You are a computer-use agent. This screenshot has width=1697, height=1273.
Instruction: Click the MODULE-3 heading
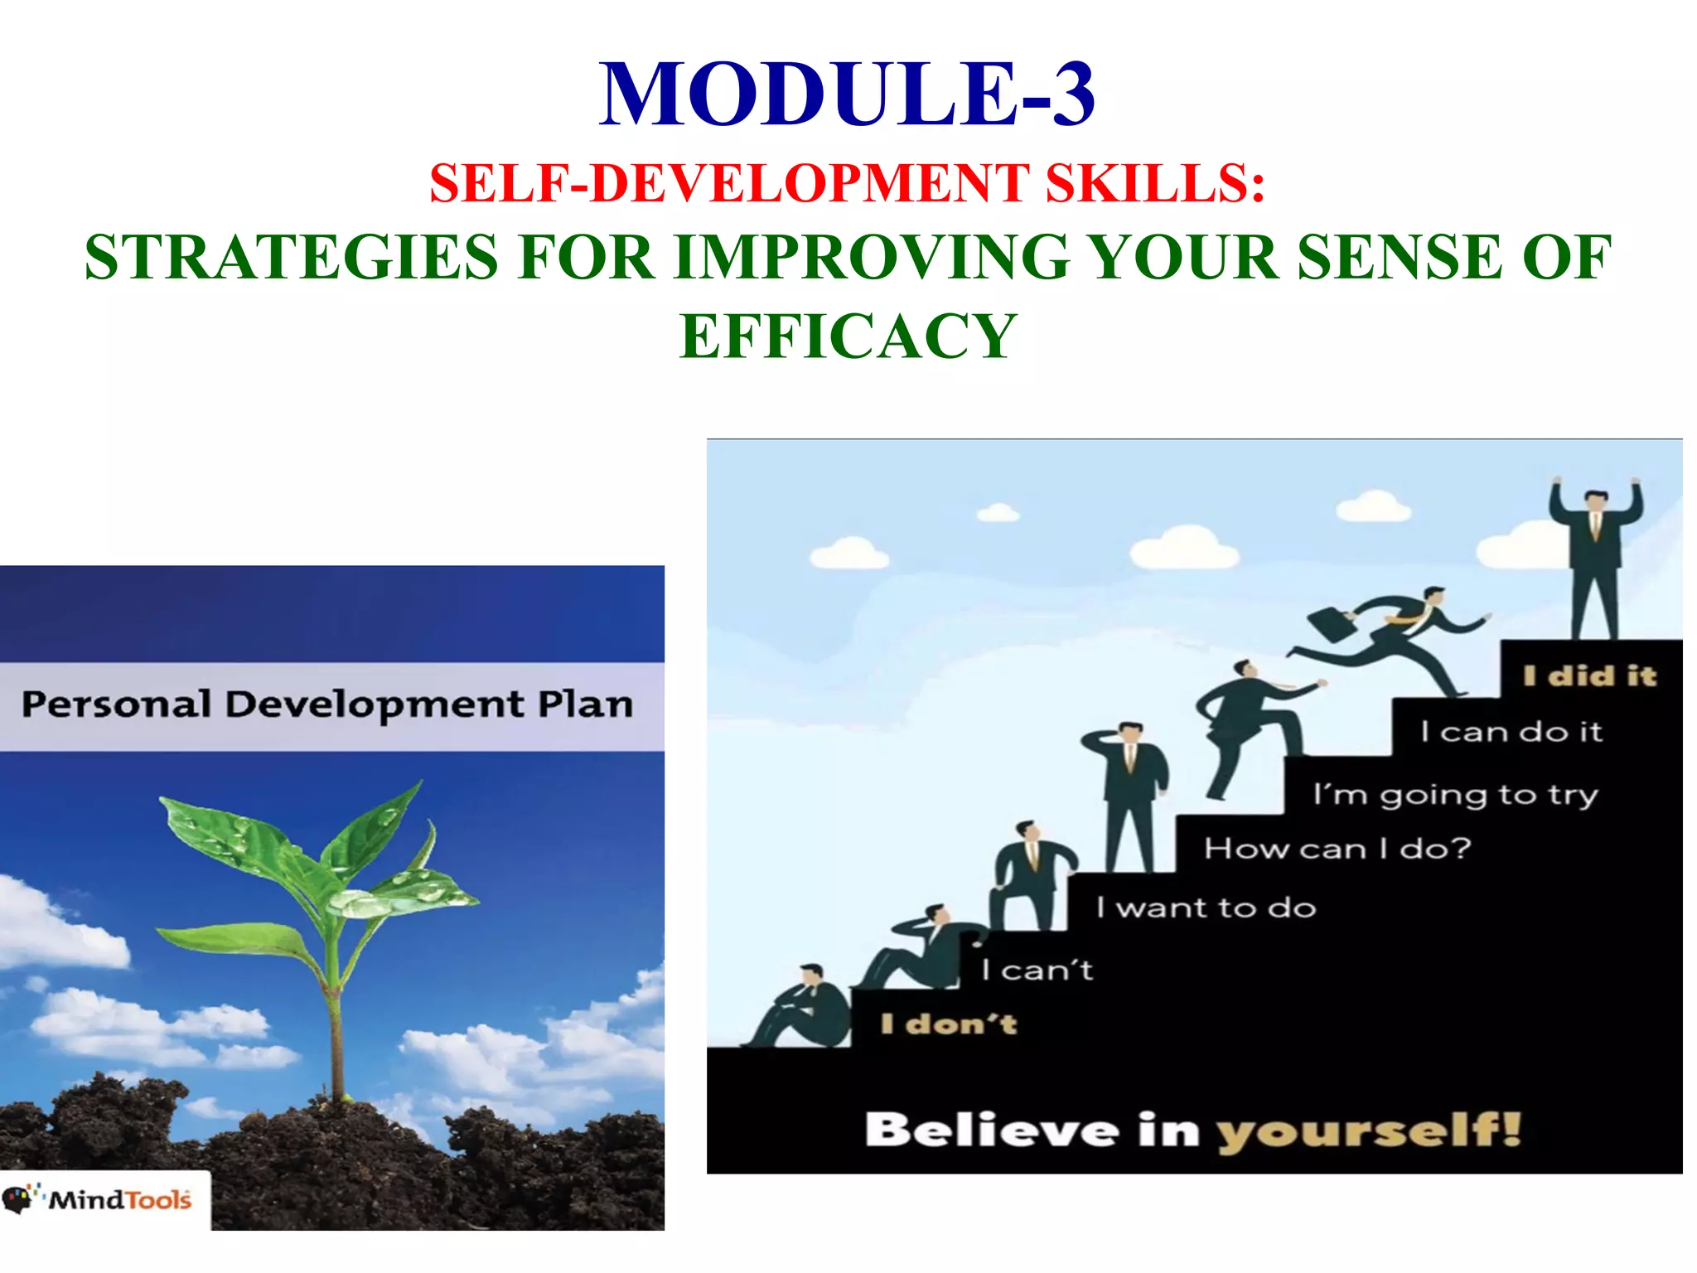pos(847,94)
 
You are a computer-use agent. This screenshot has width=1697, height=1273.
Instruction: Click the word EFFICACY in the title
pos(848,336)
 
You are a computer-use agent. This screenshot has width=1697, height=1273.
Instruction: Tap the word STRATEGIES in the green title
pos(292,258)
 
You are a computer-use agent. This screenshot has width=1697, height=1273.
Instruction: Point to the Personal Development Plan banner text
pos(327,705)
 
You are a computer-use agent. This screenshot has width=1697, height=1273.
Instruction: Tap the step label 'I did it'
pos(1589,676)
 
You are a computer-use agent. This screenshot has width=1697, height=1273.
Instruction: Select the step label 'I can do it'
pos(1511,732)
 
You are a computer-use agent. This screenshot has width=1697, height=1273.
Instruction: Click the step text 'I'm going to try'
pos(1454,795)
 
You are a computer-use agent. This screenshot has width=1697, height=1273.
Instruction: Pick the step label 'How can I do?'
pos(1337,849)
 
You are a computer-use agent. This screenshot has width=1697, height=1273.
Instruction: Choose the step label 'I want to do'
pos(1206,908)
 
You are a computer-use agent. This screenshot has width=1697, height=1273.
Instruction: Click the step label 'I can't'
pos(1037,970)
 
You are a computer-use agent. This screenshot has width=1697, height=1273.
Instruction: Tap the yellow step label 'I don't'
pos(948,1024)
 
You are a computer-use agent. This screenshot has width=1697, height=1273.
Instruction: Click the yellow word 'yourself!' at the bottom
pos(1368,1131)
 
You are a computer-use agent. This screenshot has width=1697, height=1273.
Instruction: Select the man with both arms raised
pos(1595,555)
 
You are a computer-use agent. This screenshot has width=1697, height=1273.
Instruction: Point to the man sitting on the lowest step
pos(800,1007)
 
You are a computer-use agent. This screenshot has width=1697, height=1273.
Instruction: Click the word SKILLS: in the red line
pos(1155,183)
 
